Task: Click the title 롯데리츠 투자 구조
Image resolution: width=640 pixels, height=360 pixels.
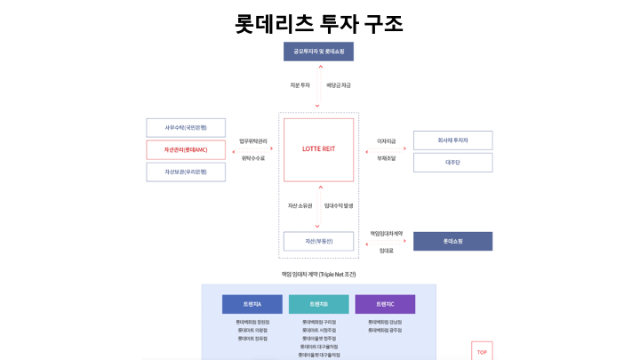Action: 319,23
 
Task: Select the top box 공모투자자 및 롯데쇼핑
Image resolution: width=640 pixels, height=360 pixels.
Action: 318,52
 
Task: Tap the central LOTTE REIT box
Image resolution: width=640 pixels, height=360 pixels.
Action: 318,149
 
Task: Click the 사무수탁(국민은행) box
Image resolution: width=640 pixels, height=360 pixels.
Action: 186,127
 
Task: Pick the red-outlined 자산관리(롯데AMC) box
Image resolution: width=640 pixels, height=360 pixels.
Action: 186,149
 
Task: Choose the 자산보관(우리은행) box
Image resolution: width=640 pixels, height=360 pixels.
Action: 186,172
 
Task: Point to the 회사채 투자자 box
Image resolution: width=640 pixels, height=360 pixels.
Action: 452,140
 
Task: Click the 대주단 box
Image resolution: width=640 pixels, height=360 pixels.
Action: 452,163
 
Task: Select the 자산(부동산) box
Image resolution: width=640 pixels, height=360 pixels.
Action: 318,241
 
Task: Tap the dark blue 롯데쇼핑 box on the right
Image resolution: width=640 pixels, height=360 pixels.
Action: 452,241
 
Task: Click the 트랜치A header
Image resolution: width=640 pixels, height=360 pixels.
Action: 252,304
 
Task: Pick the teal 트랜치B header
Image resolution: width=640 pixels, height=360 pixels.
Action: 318,304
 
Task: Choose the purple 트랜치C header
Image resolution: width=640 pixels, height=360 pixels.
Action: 385,304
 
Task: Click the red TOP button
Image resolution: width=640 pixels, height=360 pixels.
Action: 482,351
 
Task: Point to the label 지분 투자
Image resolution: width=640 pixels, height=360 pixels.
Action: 300,85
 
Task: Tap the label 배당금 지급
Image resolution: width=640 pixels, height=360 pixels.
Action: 339,85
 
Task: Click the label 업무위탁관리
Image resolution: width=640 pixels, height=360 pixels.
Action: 253,140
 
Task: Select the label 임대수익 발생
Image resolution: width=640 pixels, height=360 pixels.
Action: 339,206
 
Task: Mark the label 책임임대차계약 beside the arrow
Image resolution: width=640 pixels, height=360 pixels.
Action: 387,233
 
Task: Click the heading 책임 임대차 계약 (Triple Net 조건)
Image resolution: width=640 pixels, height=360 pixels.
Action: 318,274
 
